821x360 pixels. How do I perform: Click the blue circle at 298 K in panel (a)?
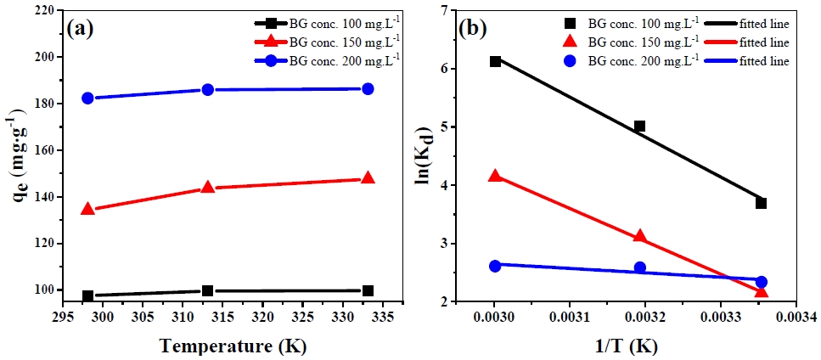click(x=87, y=98)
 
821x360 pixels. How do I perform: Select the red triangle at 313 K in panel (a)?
click(x=208, y=187)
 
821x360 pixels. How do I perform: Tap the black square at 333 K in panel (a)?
click(x=368, y=290)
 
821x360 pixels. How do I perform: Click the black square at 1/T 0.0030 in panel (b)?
click(x=495, y=61)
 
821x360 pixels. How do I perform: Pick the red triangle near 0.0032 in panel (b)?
click(x=640, y=237)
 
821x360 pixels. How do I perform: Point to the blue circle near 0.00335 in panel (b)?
click(x=762, y=282)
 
